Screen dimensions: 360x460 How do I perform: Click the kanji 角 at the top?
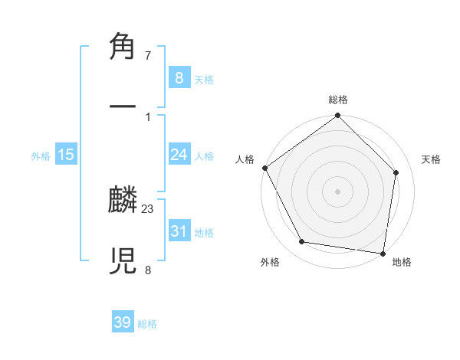pos(123,47)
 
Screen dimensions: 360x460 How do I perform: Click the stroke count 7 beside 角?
pos(148,56)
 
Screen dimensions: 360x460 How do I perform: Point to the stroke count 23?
pos(148,209)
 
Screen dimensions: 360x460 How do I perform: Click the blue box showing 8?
pos(179,77)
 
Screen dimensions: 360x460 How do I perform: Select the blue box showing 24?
pos(179,155)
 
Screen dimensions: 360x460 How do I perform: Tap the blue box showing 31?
pos(179,231)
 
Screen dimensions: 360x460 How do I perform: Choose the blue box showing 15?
pos(66,155)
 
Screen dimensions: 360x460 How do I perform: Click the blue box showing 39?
pos(123,322)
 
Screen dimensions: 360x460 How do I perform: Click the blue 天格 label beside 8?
pos(204,79)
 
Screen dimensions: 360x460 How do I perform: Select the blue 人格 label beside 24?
pos(204,156)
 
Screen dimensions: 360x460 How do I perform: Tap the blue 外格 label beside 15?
pos(41,156)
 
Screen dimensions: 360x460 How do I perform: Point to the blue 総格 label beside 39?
pos(147,324)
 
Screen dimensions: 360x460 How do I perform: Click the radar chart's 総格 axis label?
pos(338,100)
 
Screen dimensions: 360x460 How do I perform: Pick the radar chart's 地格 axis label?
pos(402,262)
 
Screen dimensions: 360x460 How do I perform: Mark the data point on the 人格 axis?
pos(264,168)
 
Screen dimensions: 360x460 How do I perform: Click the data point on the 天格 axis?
pos(396,172)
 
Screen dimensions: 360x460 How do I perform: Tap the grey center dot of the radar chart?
pos(338,191)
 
